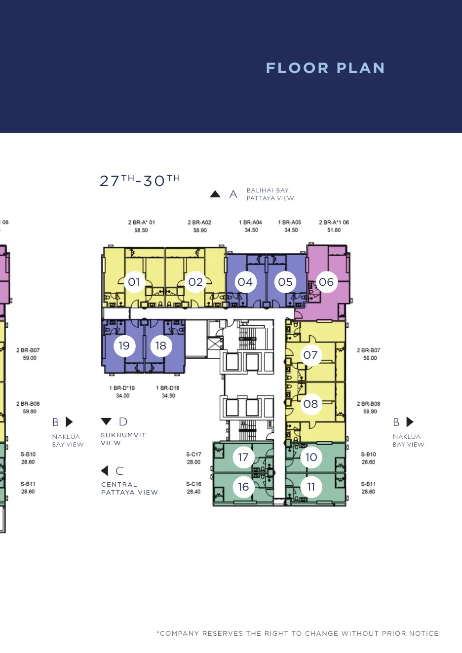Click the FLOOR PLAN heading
(x=325, y=68)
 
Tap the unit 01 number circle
(x=134, y=282)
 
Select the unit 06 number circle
(x=326, y=282)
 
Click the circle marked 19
(x=124, y=346)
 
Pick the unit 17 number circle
(x=243, y=457)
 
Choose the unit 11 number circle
(x=311, y=487)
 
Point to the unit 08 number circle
(x=311, y=404)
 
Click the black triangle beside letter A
(x=215, y=194)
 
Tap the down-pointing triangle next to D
(x=106, y=421)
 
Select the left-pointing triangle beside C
(x=104, y=470)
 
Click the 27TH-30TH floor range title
(x=140, y=181)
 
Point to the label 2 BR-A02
(x=199, y=223)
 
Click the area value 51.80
(x=334, y=230)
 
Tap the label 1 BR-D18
(x=168, y=388)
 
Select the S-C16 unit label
(x=194, y=484)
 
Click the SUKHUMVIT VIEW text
(x=123, y=439)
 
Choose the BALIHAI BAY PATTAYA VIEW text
(x=270, y=194)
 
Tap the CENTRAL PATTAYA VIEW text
(x=129, y=488)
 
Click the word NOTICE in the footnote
(x=424, y=633)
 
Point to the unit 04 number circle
(x=245, y=282)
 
